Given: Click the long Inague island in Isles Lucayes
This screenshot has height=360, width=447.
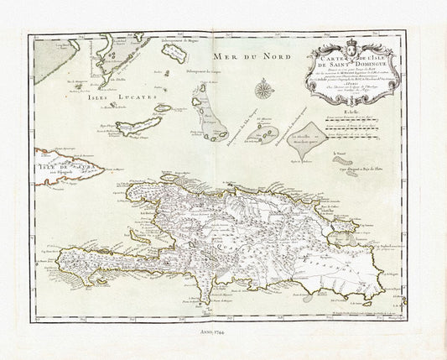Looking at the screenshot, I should pos(138,126).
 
